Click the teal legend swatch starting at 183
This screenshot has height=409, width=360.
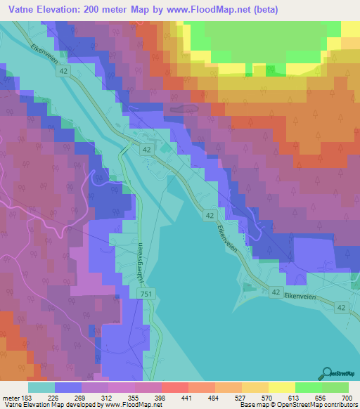coord(41,387)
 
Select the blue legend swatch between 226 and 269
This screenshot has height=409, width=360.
coord(68,387)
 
